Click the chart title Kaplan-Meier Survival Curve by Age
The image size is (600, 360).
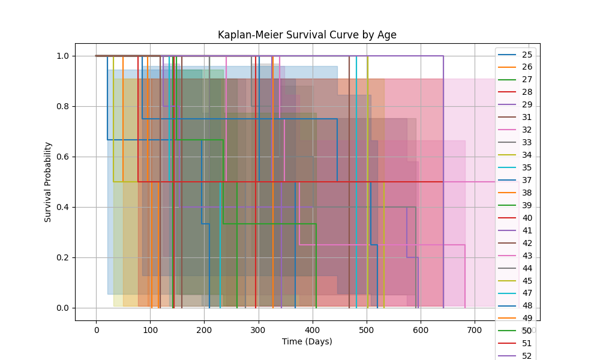click(x=307, y=35)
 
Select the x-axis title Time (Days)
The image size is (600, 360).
click(x=307, y=341)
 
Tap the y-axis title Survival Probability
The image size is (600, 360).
click(x=48, y=182)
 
